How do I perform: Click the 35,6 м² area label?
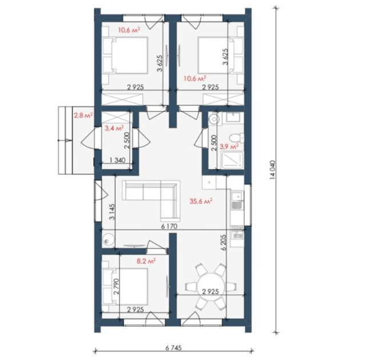click(201, 201)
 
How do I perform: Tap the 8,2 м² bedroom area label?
click(146, 261)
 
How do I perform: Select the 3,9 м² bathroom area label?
click(229, 146)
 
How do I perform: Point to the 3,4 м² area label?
click(114, 128)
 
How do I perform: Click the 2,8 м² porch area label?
click(83, 115)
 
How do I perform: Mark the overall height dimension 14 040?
click(273, 170)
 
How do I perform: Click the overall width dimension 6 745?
click(174, 348)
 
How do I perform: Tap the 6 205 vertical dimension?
click(224, 242)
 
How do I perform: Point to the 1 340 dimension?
click(117, 161)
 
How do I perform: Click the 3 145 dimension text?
click(112, 211)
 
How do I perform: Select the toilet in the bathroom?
click(237, 137)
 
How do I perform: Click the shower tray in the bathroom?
click(232, 161)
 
